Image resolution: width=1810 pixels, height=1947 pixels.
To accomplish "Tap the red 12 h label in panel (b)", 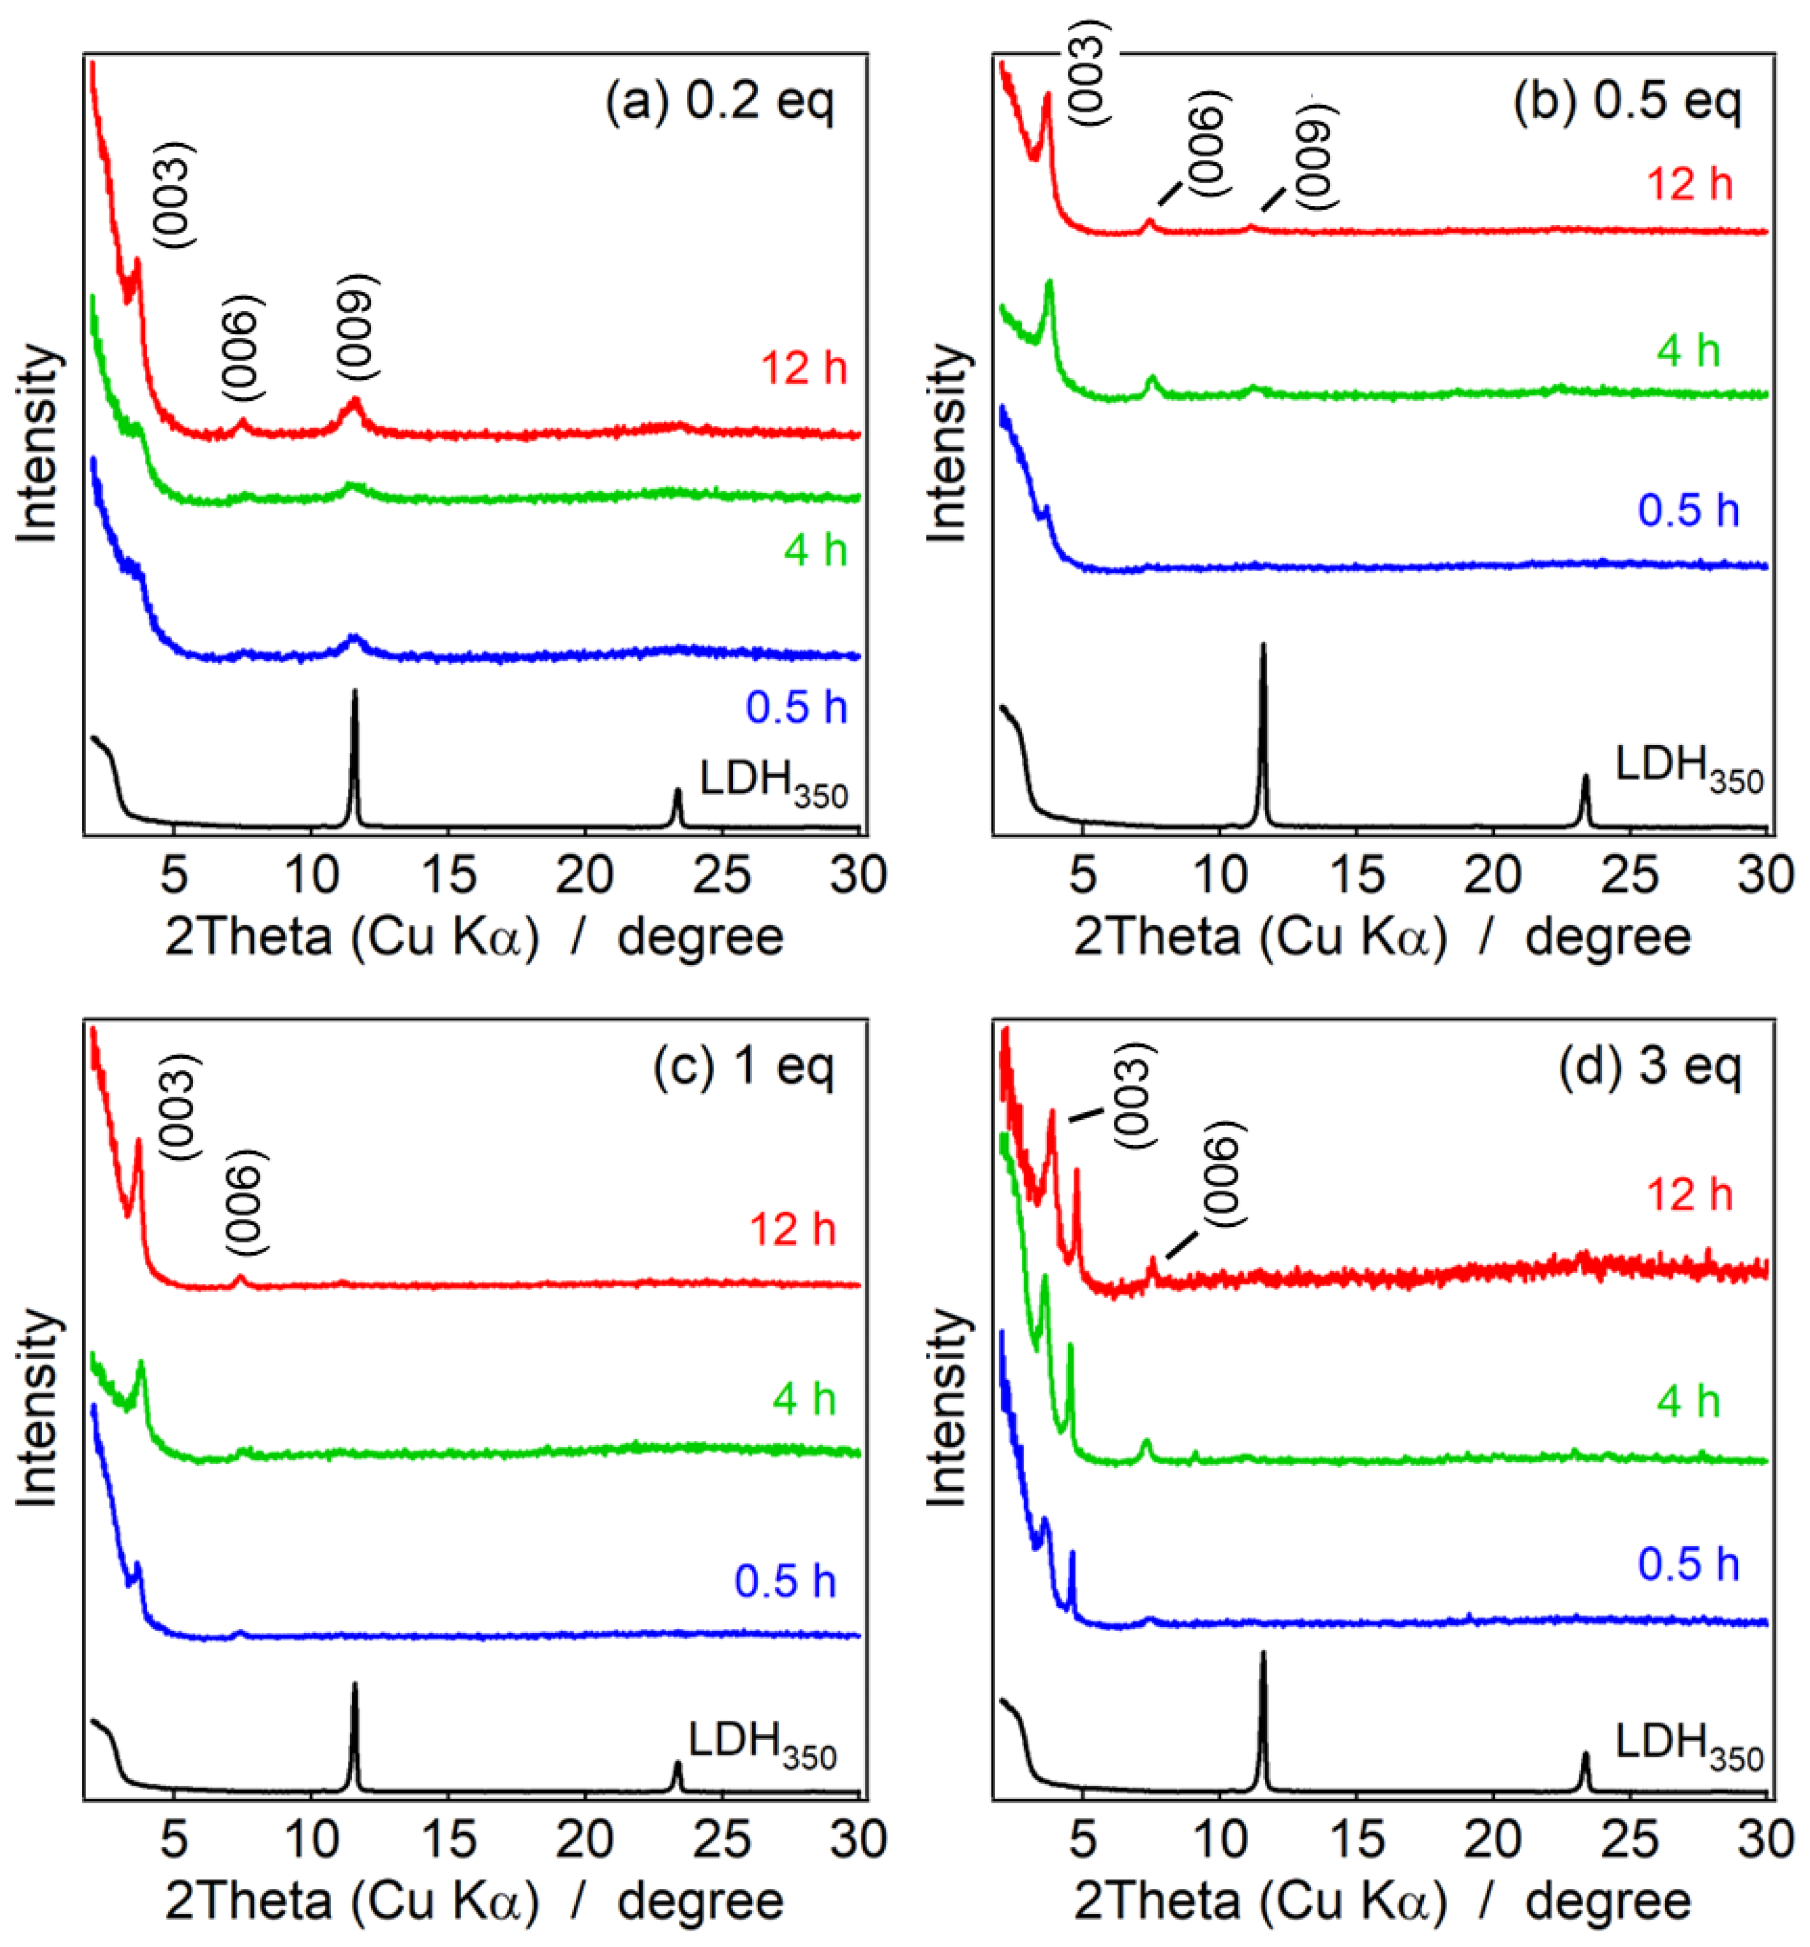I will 1690,184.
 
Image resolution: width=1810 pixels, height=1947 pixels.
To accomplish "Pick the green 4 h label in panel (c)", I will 803,1398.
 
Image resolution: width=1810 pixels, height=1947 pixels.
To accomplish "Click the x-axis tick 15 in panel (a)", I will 448,874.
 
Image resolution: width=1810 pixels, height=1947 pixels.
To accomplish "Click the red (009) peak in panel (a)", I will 355,401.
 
